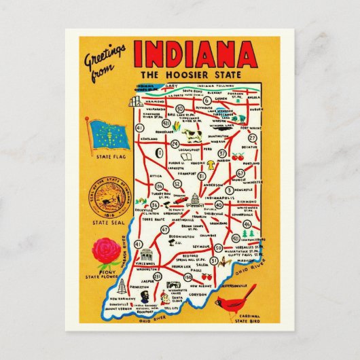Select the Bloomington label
click(178, 235)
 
